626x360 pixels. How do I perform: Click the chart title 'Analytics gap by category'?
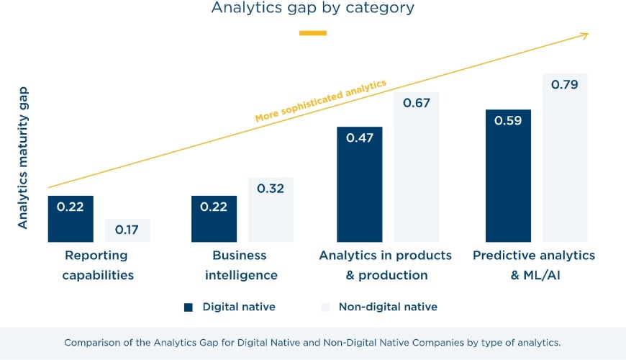[x=312, y=9]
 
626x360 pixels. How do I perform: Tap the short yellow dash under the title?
[x=312, y=33]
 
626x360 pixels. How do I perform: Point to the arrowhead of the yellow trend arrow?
[x=586, y=35]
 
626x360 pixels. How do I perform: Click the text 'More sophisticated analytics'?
[x=320, y=101]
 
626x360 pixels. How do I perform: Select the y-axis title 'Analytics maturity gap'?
[x=23, y=158]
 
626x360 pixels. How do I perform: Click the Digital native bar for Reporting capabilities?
[x=71, y=219]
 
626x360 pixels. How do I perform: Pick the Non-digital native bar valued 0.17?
[x=127, y=230]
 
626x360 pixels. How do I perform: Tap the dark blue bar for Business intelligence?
[x=214, y=219]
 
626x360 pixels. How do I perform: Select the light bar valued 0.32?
[x=271, y=210]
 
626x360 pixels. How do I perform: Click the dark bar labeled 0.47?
[x=359, y=184]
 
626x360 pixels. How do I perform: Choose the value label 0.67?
[x=416, y=103]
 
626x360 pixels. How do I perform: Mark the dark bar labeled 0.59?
[x=508, y=176]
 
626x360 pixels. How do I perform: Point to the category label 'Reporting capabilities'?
[x=97, y=265]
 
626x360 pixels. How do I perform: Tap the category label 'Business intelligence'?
[x=240, y=265]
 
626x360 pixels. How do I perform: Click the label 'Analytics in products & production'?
[x=386, y=265]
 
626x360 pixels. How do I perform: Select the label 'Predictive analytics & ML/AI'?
[x=534, y=265]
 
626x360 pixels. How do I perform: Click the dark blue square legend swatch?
[x=189, y=307]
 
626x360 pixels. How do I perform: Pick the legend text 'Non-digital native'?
[x=388, y=307]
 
